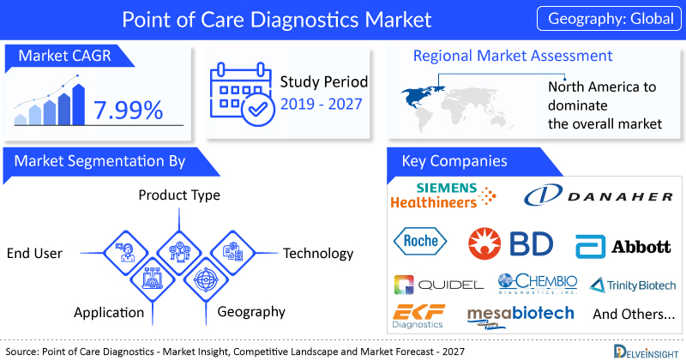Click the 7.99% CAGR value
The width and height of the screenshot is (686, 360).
click(128, 110)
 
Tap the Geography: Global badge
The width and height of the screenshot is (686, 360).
click(609, 18)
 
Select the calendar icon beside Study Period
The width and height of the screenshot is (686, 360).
click(242, 95)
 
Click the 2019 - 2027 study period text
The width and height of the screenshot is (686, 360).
click(321, 104)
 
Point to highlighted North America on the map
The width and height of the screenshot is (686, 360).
click(420, 96)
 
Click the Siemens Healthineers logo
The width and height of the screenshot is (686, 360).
click(442, 195)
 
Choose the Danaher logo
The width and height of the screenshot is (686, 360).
click(598, 195)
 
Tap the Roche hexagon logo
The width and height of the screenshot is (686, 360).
click(420, 241)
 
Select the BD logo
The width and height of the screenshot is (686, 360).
click(510, 243)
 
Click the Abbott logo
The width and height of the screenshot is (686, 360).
click(623, 247)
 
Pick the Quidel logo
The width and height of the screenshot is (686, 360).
click(439, 285)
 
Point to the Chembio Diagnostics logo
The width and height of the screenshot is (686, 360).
click(538, 284)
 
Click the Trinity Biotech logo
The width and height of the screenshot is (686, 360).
click(633, 285)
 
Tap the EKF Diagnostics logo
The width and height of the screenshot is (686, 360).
click(418, 316)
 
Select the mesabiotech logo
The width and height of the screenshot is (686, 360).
click(521, 316)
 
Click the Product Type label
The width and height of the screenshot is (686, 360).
click(179, 195)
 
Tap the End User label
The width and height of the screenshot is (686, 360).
click(34, 253)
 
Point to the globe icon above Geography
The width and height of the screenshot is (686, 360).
click(206, 279)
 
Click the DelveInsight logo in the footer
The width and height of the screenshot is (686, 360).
click(646, 351)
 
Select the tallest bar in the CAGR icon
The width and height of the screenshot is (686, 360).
click(79, 105)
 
